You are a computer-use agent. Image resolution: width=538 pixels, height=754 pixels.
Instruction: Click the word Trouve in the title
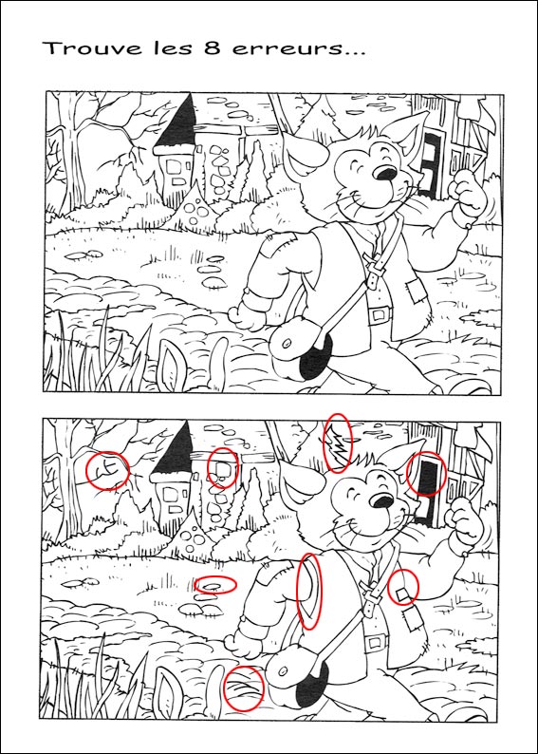tap(83, 48)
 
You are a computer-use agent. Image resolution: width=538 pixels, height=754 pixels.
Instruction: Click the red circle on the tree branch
tap(107, 469)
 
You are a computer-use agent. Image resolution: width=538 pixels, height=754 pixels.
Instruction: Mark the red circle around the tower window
tap(222, 467)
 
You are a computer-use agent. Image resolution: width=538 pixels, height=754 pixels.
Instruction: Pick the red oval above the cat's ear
tap(337, 443)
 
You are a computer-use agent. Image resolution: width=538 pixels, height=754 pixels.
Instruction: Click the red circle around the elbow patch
tap(403, 589)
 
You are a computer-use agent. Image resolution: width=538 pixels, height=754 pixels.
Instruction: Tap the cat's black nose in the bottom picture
tap(382, 501)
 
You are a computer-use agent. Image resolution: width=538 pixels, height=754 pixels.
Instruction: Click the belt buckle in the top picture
tap(380, 314)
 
